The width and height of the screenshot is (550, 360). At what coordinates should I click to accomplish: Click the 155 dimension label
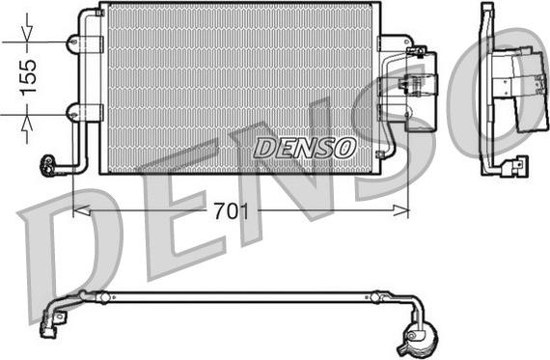tap(28, 77)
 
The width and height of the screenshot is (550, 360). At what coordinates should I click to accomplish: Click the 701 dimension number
tap(232, 211)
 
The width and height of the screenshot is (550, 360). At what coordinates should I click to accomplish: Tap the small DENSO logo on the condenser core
tap(305, 148)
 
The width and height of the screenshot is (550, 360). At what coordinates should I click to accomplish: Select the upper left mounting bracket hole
tap(73, 42)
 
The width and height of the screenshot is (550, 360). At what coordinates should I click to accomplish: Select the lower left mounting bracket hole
tap(73, 115)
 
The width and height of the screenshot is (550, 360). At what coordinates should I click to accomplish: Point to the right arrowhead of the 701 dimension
tap(401, 210)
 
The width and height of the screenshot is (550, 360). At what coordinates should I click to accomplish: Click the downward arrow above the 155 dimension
tap(27, 29)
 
